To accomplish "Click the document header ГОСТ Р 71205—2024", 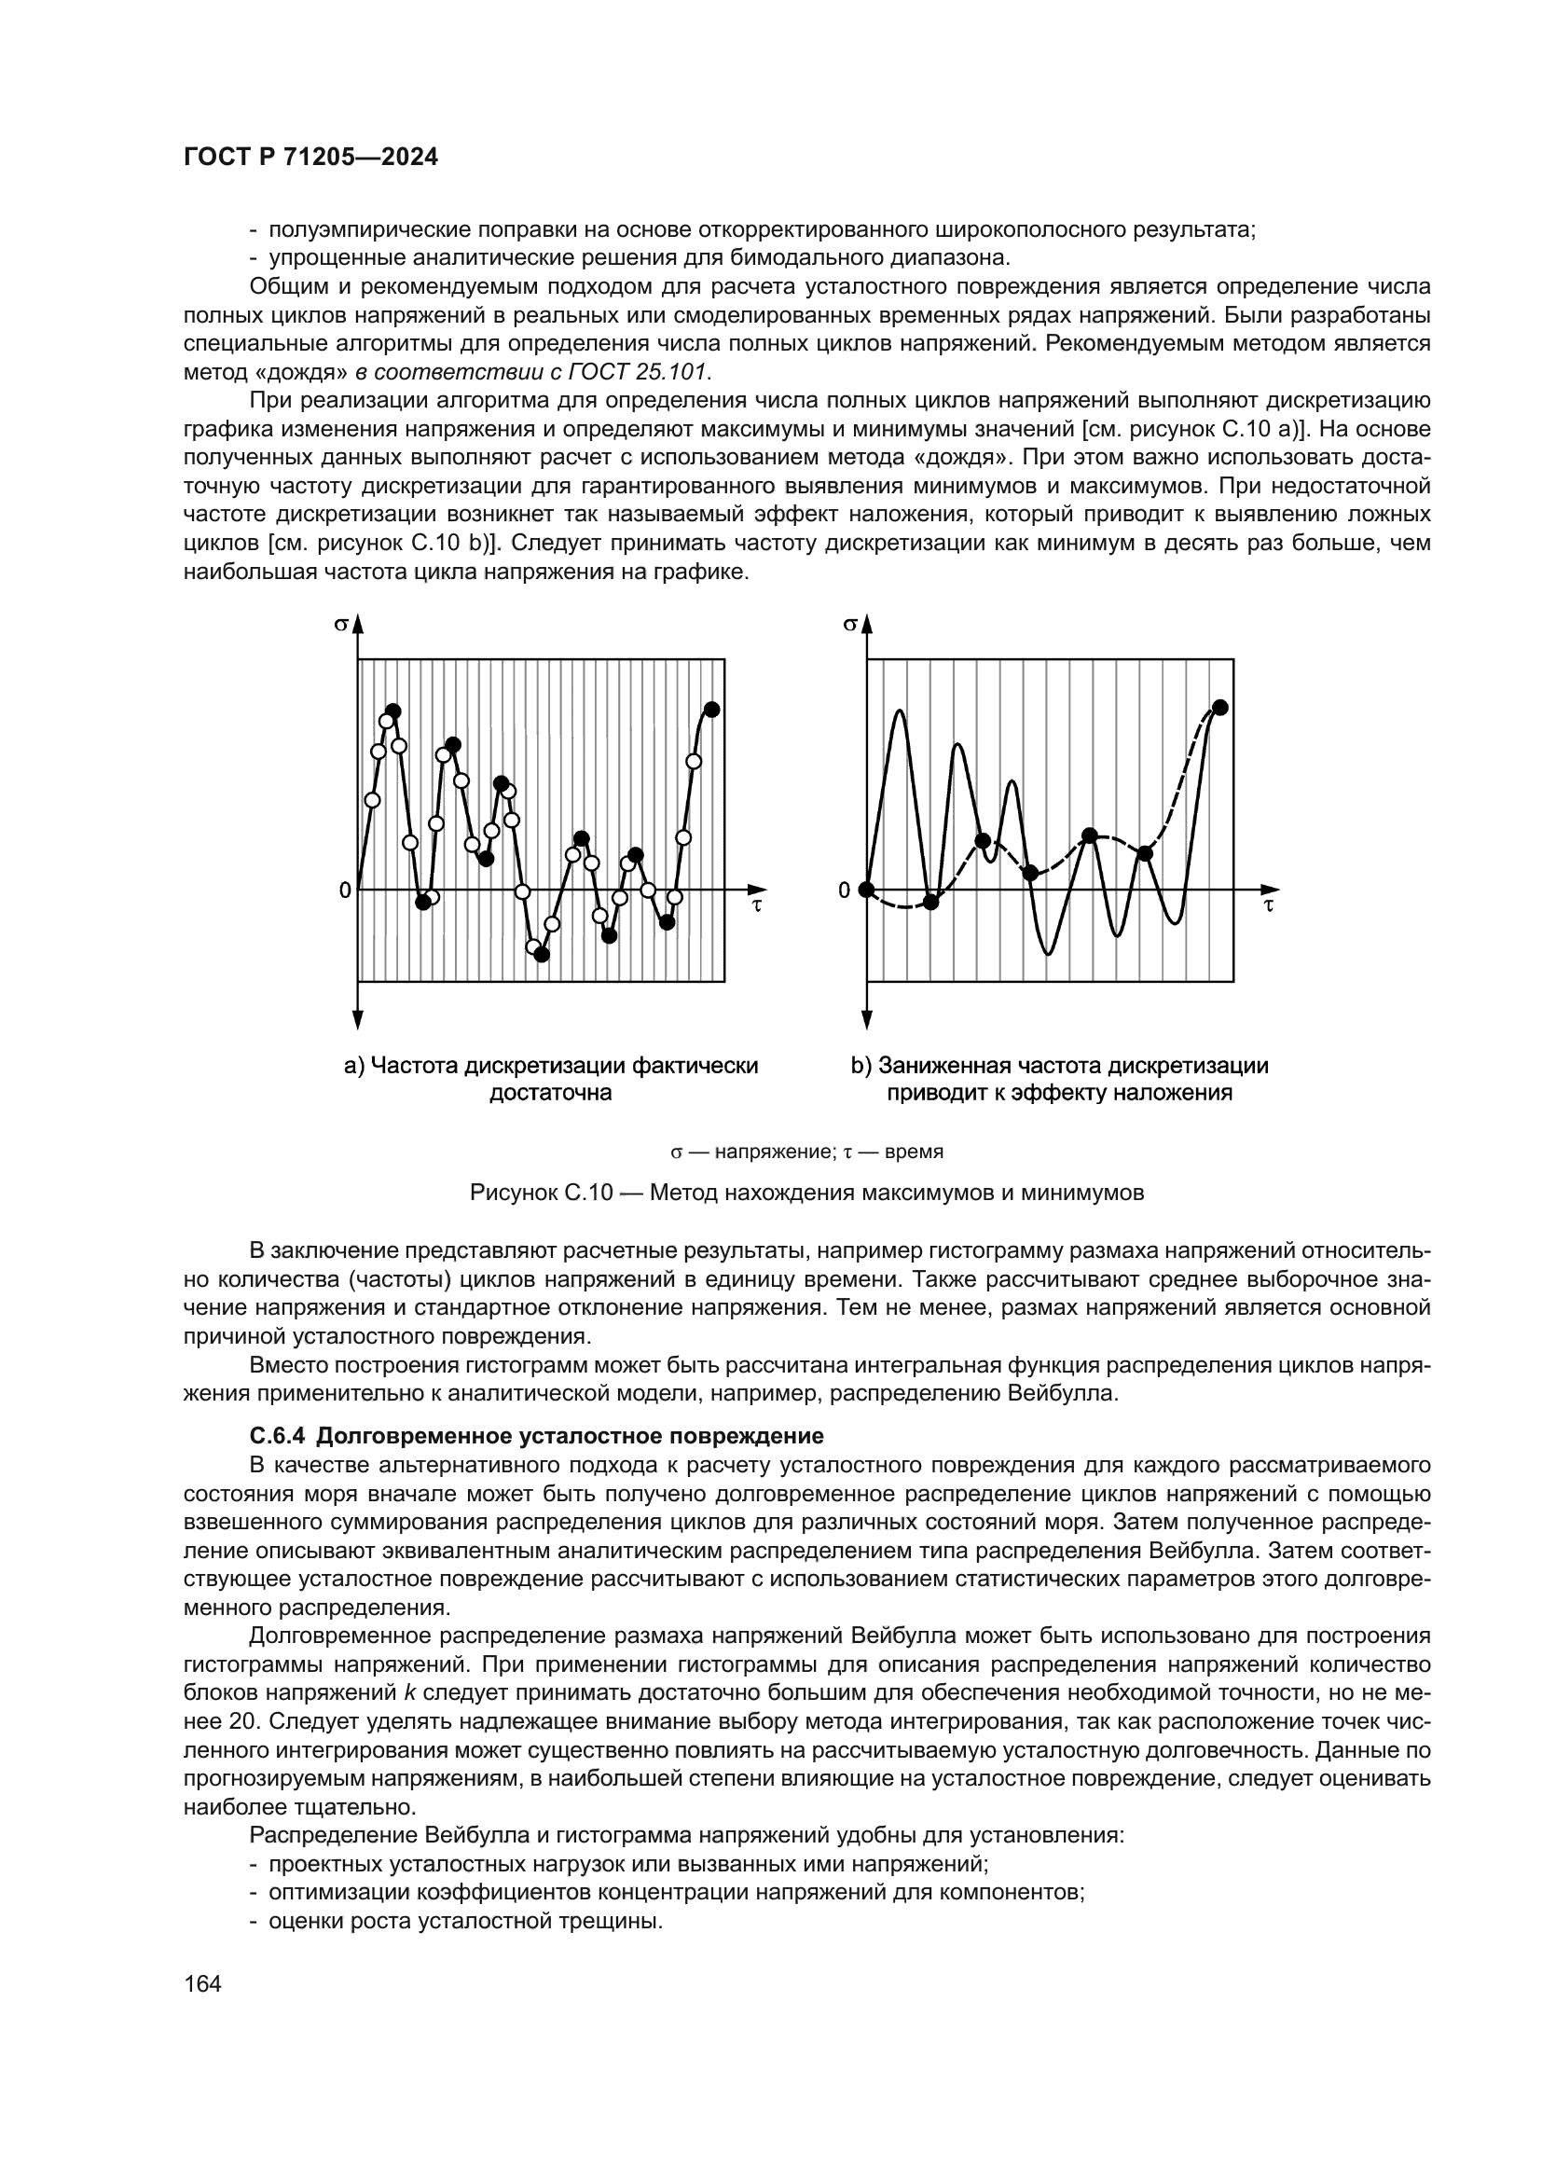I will (310, 158).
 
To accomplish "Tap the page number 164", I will (202, 1983).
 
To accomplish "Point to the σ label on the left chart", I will (340, 624).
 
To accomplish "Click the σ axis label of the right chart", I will (850, 624).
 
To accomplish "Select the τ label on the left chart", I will (757, 905).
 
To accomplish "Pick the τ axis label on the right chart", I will (1269, 905).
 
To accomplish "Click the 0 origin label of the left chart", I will (345, 890).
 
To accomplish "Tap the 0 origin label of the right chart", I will (844, 890).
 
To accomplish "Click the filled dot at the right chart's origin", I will (866, 890).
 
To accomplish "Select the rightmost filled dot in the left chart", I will (712, 710).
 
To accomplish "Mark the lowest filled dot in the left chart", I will (543, 955).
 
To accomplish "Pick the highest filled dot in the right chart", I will (1221, 707).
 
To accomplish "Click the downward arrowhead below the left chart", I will (358, 1020).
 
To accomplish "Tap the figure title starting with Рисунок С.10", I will (807, 1193).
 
